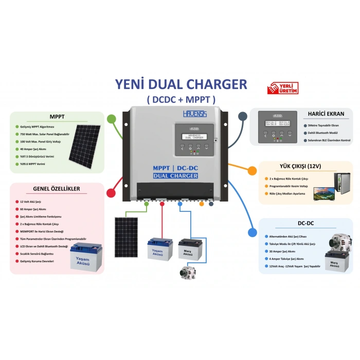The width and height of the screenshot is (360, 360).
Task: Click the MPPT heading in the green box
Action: coord(57,116)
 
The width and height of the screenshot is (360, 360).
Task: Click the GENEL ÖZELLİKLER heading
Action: coord(57,189)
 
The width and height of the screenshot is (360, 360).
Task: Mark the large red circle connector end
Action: coord(111,193)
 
